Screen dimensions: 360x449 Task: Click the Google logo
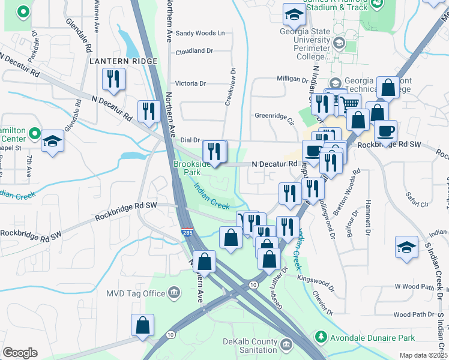pyautogui.click(x=20, y=353)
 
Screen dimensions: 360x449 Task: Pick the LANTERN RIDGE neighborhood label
pyautogui.click(x=123, y=61)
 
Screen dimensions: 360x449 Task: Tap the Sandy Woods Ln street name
pyautogui.click(x=200, y=33)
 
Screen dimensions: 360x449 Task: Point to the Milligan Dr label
pyautogui.click(x=292, y=79)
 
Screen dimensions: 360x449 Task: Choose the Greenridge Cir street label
pyautogui.click(x=274, y=116)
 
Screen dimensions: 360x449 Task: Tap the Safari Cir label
pyautogui.click(x=417, y=204)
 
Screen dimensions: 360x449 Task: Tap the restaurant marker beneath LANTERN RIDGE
pyautogui.click(x=112, y=79)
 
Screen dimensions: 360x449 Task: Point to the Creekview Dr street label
pyautogui.click(x=228, y=87)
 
